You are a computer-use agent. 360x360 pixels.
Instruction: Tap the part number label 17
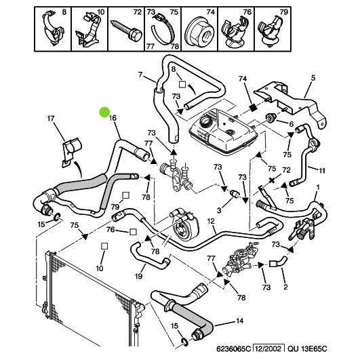point(50,119)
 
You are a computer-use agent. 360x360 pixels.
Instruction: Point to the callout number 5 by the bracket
point(313,78)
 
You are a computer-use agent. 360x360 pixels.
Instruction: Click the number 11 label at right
point(323,169)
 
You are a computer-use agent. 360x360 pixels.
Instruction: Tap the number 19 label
point(139,276)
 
